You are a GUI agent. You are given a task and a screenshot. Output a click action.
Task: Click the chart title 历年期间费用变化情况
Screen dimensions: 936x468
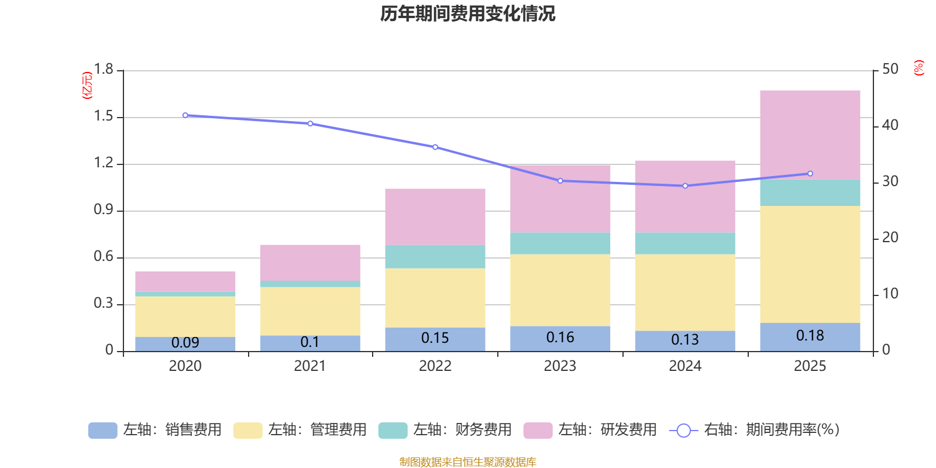467,14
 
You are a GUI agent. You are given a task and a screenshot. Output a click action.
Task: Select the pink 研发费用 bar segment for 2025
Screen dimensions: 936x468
810,135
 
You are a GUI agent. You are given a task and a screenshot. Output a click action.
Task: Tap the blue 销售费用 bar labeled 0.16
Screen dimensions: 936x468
560,339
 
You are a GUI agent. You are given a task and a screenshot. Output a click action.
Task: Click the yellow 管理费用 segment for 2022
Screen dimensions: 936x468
435,298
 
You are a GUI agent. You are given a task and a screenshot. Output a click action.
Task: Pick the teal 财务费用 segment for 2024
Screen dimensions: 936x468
685,243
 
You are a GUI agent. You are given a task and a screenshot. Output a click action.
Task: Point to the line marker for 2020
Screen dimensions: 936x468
185,115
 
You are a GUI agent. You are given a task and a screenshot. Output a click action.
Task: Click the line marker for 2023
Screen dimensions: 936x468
560,181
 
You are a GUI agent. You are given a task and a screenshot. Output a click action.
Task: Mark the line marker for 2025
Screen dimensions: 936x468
810,173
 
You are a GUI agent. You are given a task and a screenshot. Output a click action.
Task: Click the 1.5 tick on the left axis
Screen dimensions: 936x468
104,116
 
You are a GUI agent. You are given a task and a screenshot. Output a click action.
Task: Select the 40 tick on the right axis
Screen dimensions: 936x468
890,125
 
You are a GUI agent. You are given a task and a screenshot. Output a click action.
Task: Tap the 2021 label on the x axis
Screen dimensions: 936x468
309,366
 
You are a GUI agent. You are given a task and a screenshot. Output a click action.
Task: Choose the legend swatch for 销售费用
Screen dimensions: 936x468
103,431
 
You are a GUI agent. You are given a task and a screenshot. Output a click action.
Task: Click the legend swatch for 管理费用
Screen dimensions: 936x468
248,431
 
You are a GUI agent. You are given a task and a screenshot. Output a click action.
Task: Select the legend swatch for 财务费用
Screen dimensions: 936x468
393,431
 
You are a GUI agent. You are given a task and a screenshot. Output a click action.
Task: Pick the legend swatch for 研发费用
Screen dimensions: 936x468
538,431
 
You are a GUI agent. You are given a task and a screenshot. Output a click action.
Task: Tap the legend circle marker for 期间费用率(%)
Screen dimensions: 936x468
684,431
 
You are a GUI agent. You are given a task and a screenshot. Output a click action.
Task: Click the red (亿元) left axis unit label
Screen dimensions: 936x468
87,85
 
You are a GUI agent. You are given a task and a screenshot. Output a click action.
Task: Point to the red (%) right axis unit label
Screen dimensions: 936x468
918,68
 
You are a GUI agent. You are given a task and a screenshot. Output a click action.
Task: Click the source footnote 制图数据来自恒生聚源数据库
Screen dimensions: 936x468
467,462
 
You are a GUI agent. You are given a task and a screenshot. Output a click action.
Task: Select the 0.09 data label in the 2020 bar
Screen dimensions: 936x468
185,343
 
